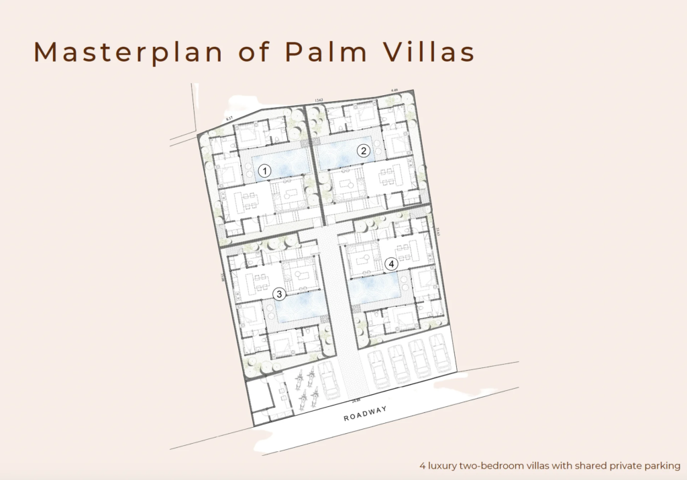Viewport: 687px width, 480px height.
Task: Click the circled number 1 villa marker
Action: (x=265, y=172)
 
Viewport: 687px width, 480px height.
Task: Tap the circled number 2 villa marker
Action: (x=364, y=151)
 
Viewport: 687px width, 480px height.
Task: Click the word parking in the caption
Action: (x=662, y=465)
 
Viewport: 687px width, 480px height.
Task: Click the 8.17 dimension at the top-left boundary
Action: (x=229, y=119)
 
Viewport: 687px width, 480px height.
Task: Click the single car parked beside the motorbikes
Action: (x=329, y=381)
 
